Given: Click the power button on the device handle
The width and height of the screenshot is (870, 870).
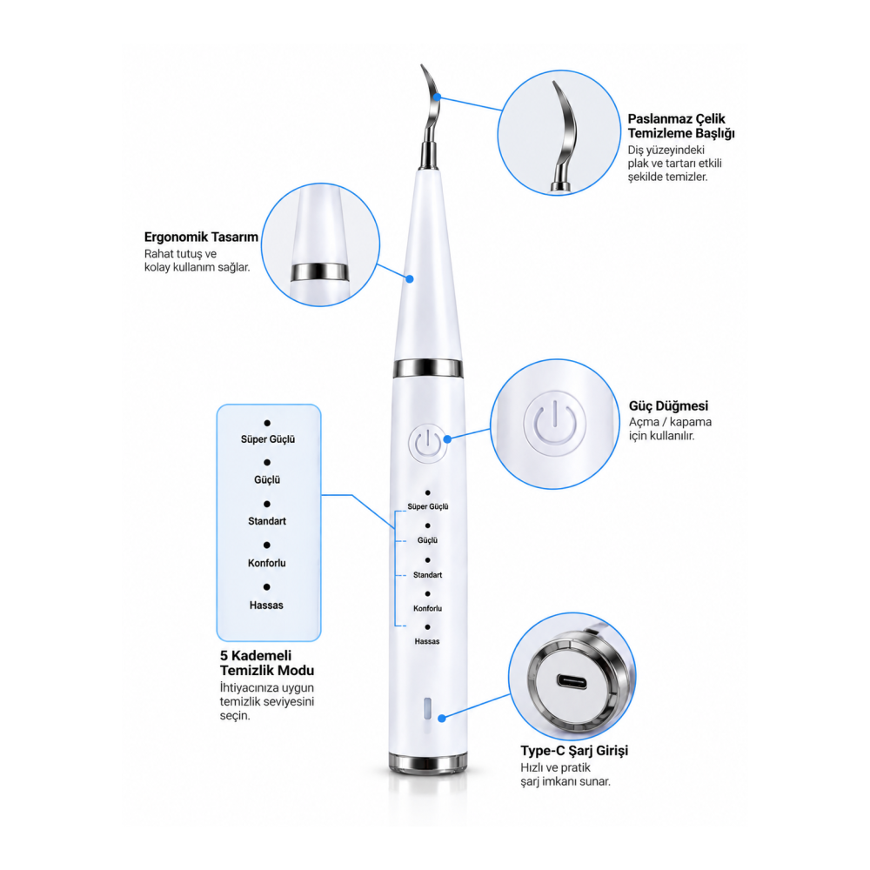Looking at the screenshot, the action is [x=428, y=444].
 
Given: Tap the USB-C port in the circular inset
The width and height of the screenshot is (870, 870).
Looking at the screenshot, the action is [x=572, y=681].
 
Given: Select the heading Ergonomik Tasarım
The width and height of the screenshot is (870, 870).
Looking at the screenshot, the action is [x=201, y=237].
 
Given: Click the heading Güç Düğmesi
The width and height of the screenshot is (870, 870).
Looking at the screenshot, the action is [x=668, y=405].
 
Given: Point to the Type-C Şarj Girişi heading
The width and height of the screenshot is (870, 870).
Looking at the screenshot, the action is [x=574, y=751].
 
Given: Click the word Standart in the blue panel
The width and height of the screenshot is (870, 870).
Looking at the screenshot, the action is [x=267, y=521].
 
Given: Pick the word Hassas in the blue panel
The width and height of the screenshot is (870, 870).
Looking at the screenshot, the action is [x=266, y=606].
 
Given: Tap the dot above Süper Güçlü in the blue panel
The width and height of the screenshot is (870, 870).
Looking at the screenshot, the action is [x=267, y=423].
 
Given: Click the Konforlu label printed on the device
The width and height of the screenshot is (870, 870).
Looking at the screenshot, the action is [x=427, y=609].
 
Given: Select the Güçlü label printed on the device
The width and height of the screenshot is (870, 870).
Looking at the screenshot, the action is [x=427, y=540].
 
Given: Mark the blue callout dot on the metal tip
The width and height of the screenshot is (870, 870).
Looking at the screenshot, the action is [x=438, y=97].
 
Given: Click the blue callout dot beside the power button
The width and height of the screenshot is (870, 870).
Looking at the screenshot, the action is [x=447, y=438].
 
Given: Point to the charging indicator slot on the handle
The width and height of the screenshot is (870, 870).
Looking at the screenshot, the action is [x=427, y=708].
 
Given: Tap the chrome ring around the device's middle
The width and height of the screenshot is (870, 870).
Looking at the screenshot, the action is [x=428, y=368].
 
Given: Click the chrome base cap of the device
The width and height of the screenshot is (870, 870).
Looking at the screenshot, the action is [x=428, y=763].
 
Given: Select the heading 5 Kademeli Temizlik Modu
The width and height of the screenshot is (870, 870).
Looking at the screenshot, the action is [x=267, y=663].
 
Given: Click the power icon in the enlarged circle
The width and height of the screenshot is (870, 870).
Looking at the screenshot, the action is [x=554, y=423].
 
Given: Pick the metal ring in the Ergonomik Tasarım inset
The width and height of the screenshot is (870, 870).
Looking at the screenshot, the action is [x=320, y=271].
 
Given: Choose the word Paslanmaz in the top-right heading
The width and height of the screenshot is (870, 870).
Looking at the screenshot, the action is [x=659, y=118].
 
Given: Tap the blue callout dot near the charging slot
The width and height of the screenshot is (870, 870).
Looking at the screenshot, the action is [x=442, y=719].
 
